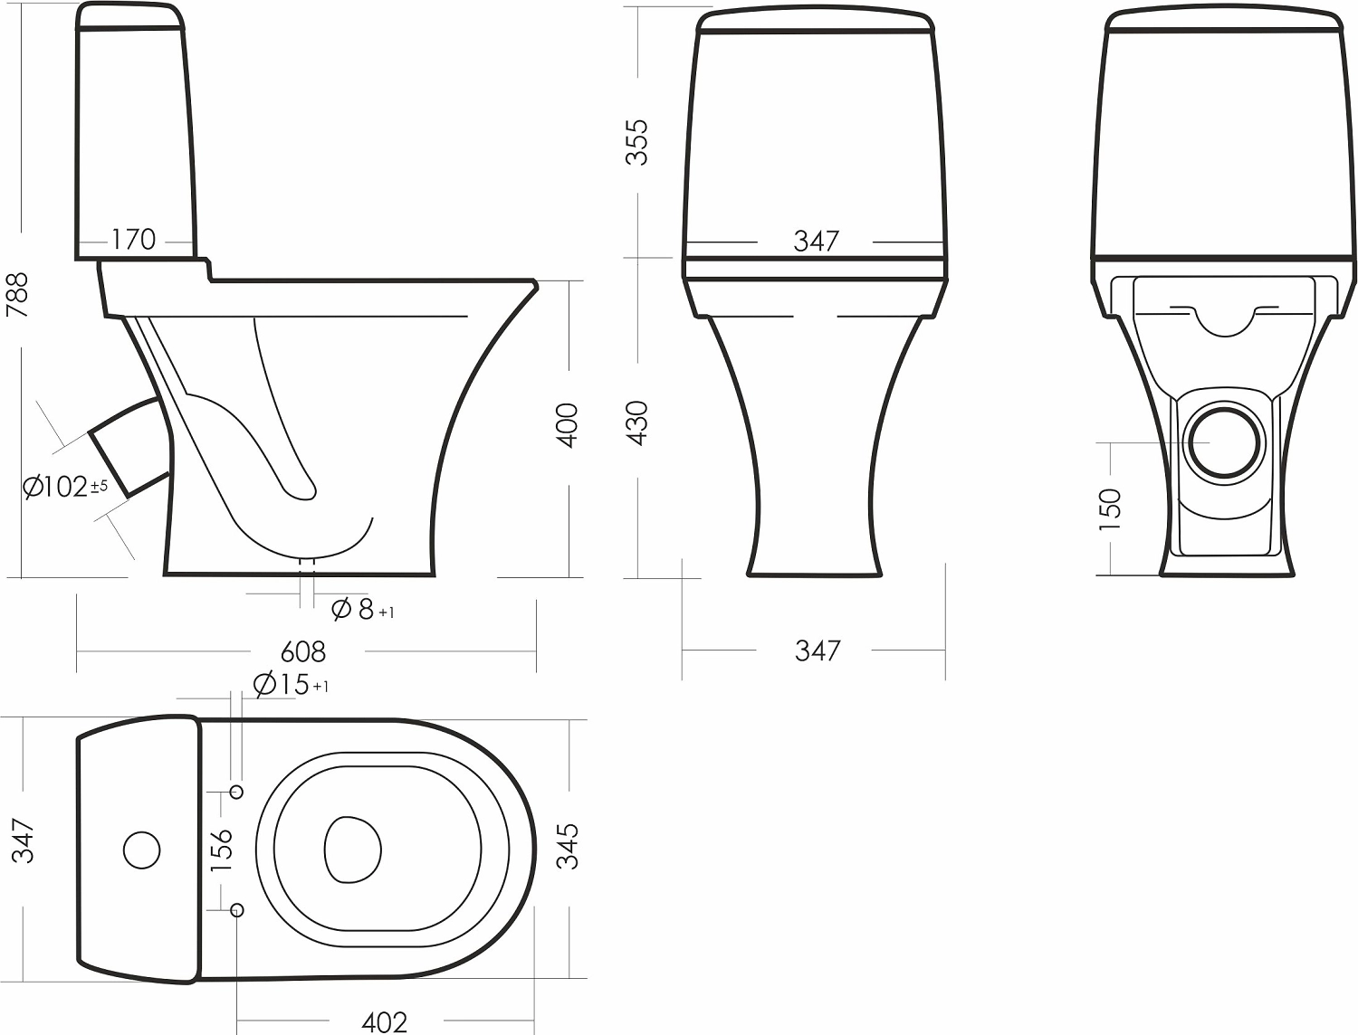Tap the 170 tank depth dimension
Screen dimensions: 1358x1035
click(133, 239)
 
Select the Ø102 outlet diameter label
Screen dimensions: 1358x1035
click(65, 487)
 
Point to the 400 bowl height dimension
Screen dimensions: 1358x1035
click(567, 425)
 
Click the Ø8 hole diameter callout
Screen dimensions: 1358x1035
click(362, 610)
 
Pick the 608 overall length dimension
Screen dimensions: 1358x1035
click(302, 651)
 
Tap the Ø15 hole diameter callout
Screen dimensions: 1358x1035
click(291, 685)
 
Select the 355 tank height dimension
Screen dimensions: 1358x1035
click(636, 142)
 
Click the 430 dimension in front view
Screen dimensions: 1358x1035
click(636, 423)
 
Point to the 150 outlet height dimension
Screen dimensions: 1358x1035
click(1110, 509)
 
